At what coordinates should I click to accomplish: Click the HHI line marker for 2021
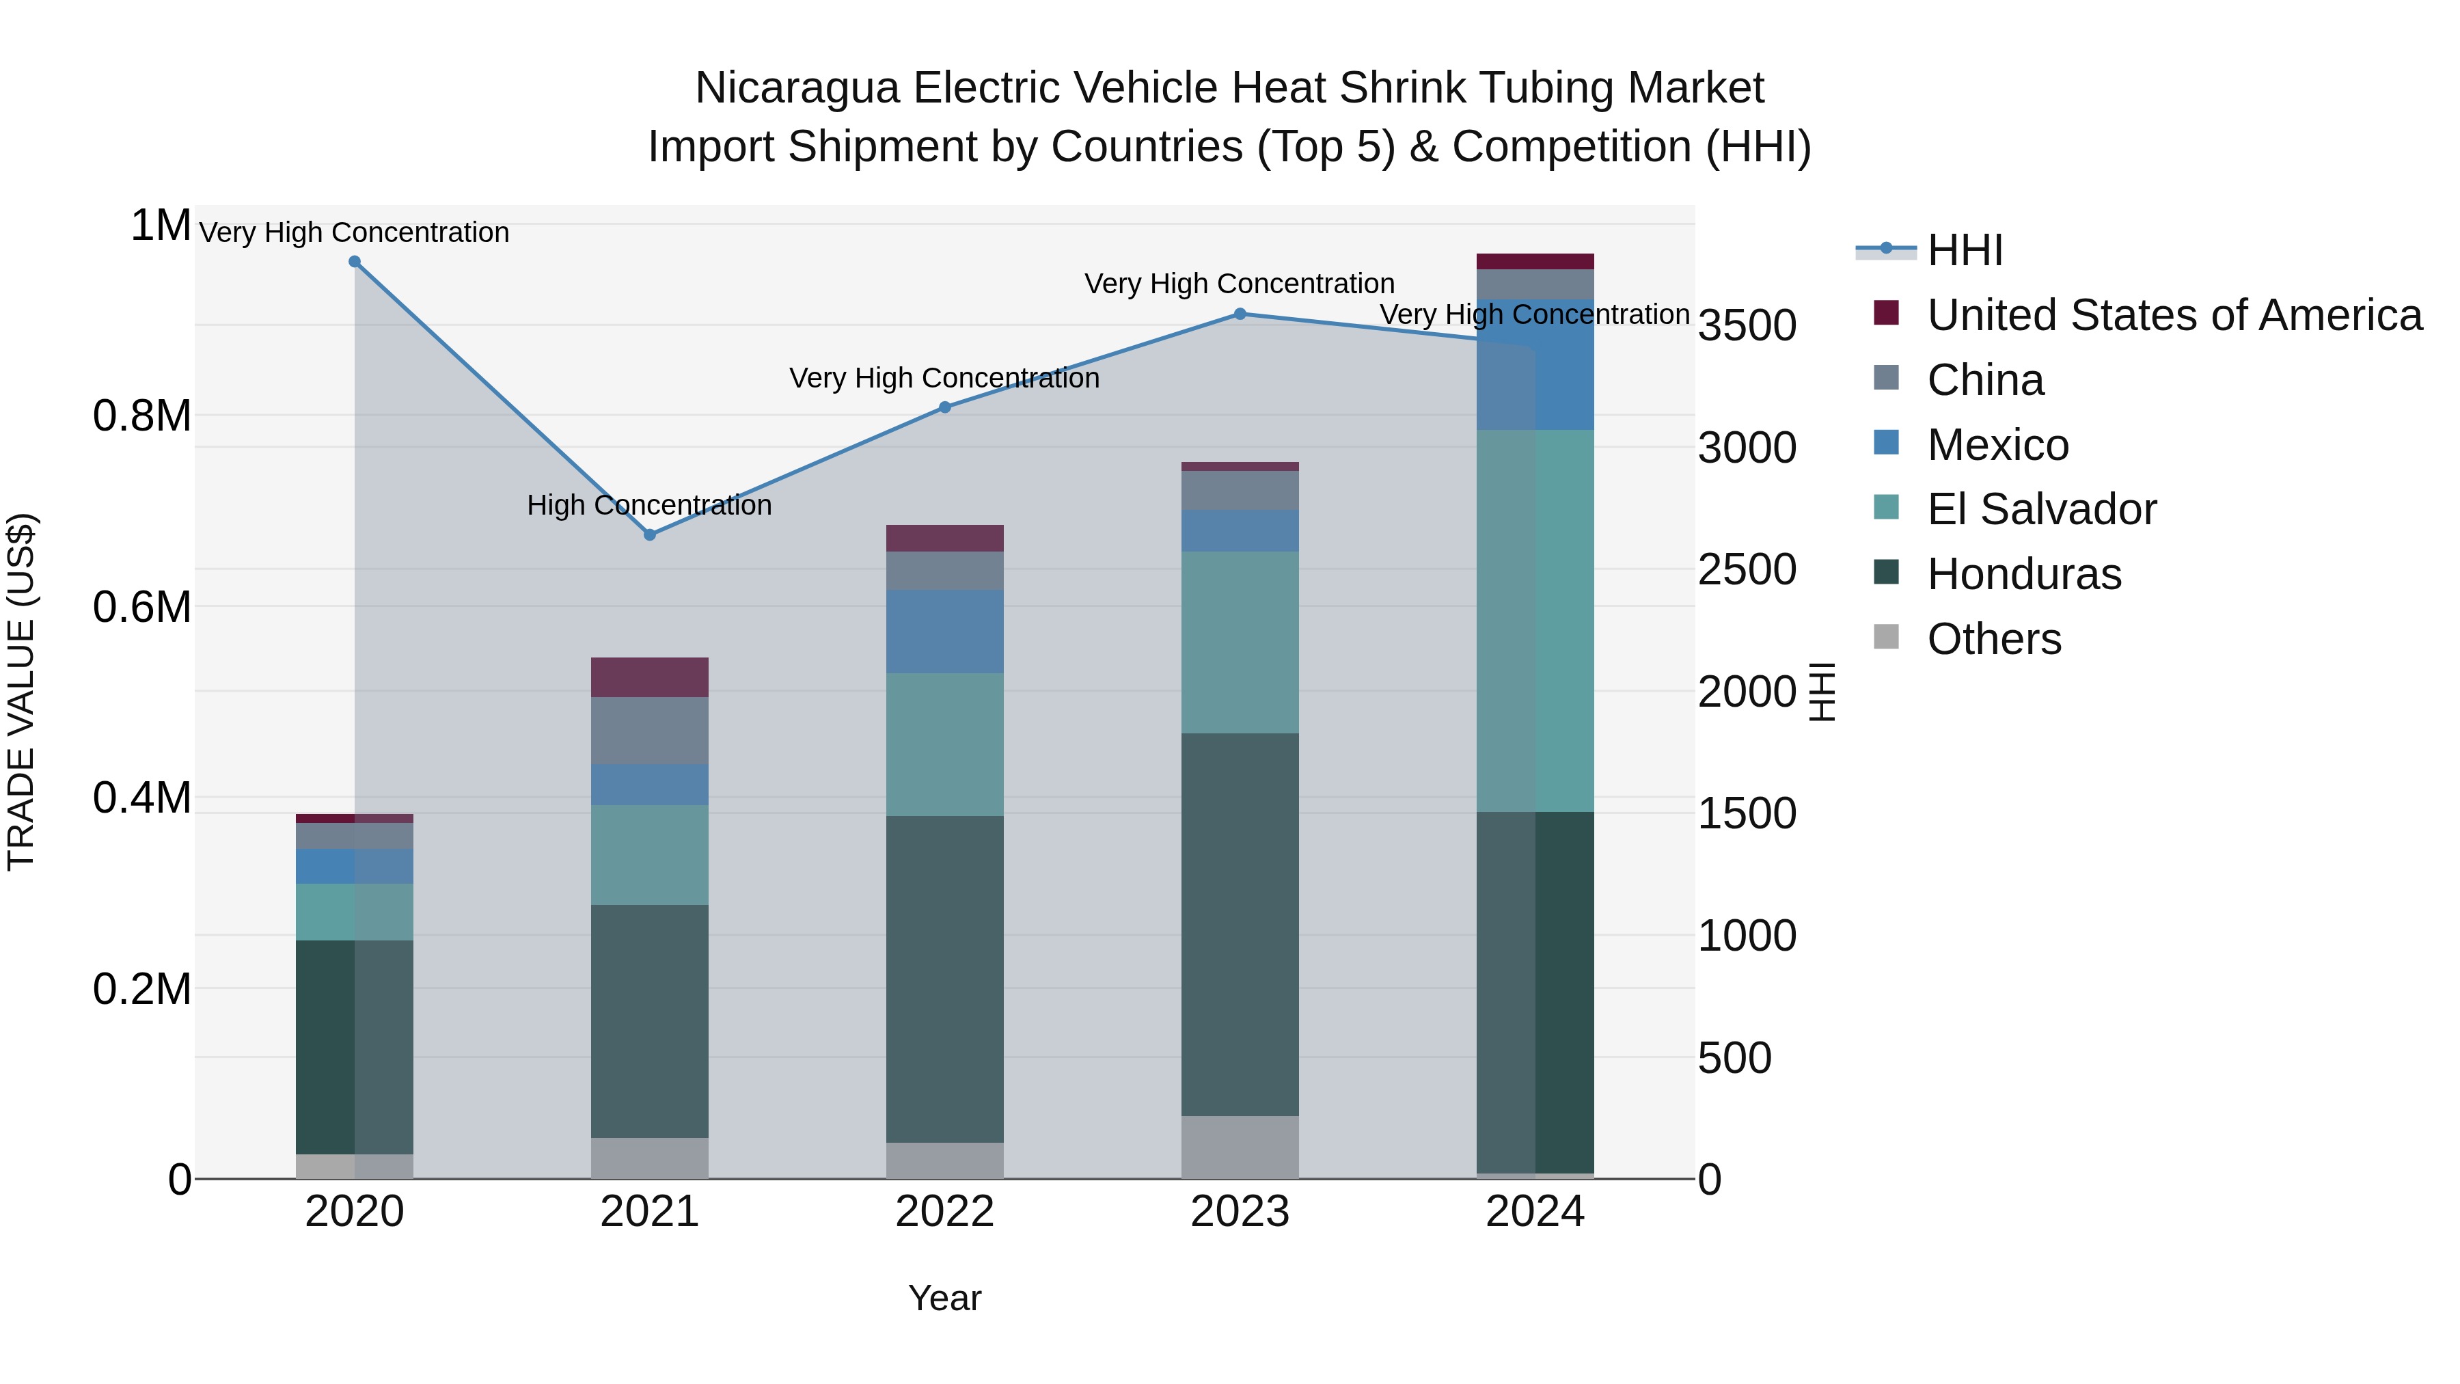click(649, 535)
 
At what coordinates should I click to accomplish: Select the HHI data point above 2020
click(354, 262)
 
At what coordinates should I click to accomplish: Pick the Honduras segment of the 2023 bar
click(1240, 925)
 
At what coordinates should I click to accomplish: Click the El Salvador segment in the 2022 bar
click(944, 744)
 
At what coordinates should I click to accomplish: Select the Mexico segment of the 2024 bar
click(1535, 365)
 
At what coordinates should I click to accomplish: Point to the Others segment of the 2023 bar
click(1240, 1146)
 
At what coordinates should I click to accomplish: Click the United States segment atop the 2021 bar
click(649, 677)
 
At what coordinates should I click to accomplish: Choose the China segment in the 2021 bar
click(649, 731)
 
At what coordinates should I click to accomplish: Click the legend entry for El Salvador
click(2040, 509)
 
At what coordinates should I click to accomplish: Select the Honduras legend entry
click(2023, 574)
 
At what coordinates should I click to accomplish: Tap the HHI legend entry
click(1965, 250)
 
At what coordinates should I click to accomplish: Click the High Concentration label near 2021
click(649, 505)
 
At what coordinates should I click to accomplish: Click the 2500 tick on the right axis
click(1747, 570)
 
